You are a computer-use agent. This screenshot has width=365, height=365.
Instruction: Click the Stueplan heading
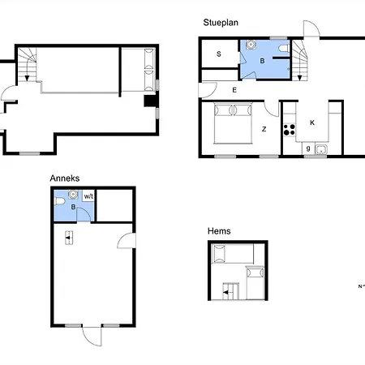pyautogui.click(x=221, y=23)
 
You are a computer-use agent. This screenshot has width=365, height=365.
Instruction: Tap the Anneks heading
pyautogui.click(x=65, y=178)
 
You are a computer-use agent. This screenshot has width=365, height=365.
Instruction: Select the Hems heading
pyautogui.click(x=219, y=231)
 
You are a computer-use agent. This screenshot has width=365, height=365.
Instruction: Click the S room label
pyautogui.click(x=219, y=54)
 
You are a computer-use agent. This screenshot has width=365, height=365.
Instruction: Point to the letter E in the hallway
pyautogui.click(x=234, y=90)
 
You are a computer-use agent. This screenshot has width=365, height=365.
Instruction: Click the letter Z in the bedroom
pyautogui.click(x=264, y=129)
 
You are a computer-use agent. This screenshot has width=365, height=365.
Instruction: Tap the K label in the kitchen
pyautogui.click(x=312, y=122)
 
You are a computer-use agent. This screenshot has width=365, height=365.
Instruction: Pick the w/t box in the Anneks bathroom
pyautogui.click(x=88, y=196)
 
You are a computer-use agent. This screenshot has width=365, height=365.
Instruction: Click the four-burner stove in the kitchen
pyautogui.click(x=290, y=130)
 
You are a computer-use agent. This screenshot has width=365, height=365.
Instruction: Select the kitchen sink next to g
pyautogui.click(x=321, y=150)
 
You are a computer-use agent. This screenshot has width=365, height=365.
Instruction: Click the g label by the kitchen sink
pyautogui.click(x=308, y=148)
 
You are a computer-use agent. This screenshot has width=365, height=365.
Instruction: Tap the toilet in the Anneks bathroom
pyautogui.click(x=60, y=201)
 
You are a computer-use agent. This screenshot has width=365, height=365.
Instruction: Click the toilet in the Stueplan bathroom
pyautogui.click(x=284, y=49)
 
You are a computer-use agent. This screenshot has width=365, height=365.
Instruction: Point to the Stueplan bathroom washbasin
pyautogui.click(x=251, y=45)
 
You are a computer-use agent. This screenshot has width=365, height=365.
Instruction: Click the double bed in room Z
pyautogui.click(x=233, y=122)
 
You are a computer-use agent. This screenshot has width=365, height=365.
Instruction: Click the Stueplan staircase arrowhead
pyautogui.click(x=299, y=78)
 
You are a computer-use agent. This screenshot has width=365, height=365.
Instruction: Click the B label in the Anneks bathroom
pyautogui.click(x=73, y=207)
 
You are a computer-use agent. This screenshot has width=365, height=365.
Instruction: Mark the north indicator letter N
pyautogui.click(x=360, y=286)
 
